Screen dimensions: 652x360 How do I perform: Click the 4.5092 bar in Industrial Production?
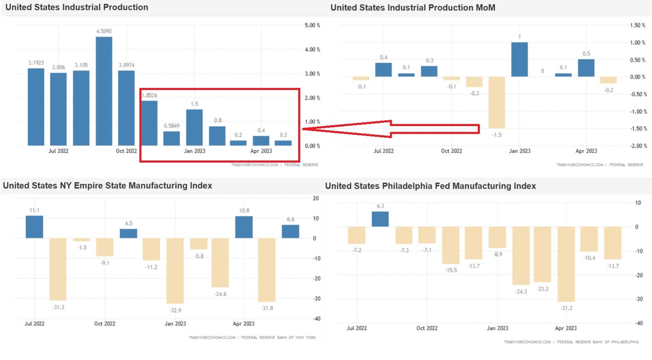[104, 91]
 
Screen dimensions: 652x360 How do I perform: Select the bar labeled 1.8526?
[149, 123]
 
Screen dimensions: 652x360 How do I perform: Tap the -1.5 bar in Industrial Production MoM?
[496, 102]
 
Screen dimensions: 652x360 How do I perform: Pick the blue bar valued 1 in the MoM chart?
[520, 60]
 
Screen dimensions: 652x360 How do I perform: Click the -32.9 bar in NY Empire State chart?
[175, 271]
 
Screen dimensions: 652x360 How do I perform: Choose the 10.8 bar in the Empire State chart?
[244, 227]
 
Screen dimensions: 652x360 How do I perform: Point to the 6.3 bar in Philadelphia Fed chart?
[380, 219]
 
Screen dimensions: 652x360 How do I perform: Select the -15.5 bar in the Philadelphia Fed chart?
[450, 246]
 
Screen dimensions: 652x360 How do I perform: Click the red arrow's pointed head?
[303, 129]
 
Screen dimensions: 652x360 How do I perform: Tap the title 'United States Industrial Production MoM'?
[413, 7]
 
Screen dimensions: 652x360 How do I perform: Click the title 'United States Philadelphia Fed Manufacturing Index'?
[431, 186]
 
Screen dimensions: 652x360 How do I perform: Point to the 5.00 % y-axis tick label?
[312, 25]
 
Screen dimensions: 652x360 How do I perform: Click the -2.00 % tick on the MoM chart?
[638, 146]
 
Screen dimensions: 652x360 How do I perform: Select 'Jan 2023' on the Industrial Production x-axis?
[195, 151]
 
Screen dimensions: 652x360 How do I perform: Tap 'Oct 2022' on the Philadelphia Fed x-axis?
[427, 328]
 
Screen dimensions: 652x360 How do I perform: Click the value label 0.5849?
[172, 126]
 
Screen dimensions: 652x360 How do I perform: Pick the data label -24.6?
[220, 294]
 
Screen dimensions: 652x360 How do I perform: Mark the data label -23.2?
[543, 289]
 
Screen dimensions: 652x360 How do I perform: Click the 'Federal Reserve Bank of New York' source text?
[278, 338]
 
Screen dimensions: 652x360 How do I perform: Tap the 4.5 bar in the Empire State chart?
[128, 234]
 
